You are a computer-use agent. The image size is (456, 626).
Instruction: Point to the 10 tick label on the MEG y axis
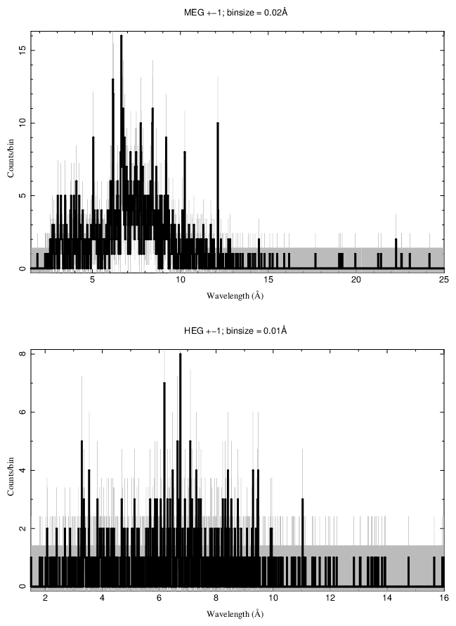click(x=23, y=123)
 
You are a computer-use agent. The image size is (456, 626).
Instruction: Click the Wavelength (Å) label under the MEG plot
click(x=235, y=296)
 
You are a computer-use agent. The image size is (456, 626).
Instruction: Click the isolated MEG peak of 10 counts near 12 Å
click(x=218, y=124)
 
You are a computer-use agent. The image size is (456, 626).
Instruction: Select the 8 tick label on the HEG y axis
click(x=23, y=355)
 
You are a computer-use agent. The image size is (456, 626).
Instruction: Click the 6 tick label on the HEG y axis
click(x=23, y=413)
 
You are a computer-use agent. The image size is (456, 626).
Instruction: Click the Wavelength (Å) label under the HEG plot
click(x=235, y=613)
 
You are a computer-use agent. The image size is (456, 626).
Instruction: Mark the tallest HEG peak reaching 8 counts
click(x=180, y=355)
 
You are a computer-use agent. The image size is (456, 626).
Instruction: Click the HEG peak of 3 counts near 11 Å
click(x=302, y=500)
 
